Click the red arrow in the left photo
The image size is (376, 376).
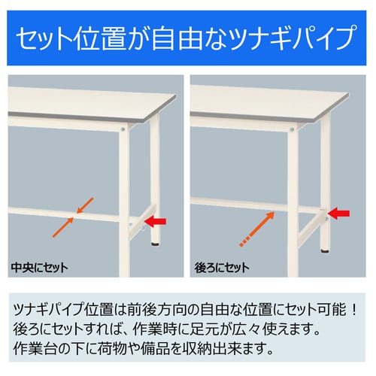click(155, 221)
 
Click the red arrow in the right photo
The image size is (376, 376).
click(338, 214)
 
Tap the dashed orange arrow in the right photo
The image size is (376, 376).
click(257, 229)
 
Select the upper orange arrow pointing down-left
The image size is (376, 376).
click(85, 205)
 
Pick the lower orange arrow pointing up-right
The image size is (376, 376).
click(62, 227)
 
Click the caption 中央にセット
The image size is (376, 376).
click(39, 268)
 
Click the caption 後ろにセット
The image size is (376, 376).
click(222, 268)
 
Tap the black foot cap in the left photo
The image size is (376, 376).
click(156, 243)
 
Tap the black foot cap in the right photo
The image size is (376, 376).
click(325, 250)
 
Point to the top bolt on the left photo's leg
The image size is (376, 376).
click(123, 129)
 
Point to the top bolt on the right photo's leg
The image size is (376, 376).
click(292, 129)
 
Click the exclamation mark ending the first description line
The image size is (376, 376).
click(354, 310)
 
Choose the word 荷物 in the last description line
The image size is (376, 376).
click(112, 349)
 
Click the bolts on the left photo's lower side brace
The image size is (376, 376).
click(136, 226)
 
